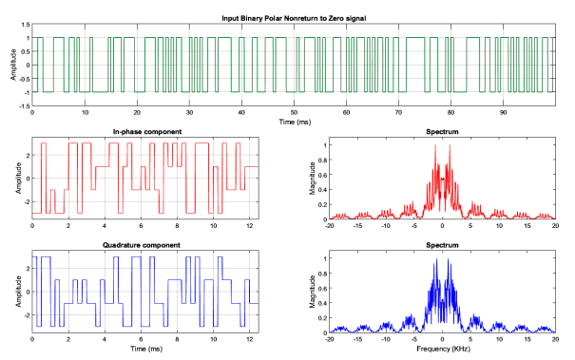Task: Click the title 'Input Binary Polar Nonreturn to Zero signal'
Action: [x=294, y=18]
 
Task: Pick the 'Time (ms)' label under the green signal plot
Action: [x=294, y=123]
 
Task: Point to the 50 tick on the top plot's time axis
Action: [x=294, y=112]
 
